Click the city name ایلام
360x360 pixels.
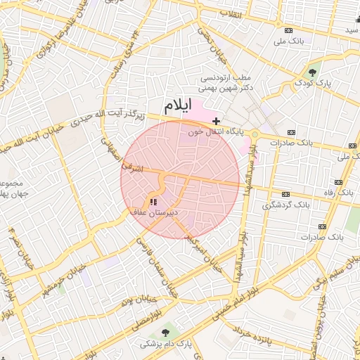(177, 106)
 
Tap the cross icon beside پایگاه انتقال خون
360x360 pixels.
(217, 121)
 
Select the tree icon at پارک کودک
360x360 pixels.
(312, 72)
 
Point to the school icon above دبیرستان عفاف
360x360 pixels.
(154, 202)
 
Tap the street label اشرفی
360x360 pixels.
(131, 167)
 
